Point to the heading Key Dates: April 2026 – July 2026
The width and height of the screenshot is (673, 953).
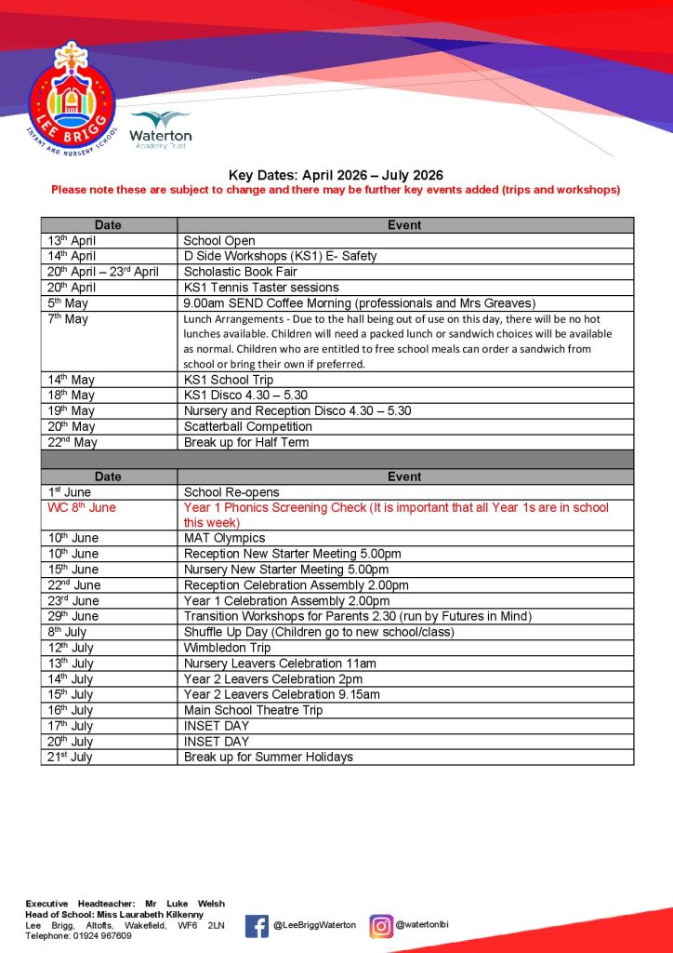[336, 175]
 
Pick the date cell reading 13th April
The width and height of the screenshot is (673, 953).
[72, 240]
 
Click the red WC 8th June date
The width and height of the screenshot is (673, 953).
[83, 508]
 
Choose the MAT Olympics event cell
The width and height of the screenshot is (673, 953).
[224, 538]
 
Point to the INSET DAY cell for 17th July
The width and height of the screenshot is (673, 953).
[217, 726]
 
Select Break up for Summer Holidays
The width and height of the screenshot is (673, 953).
[269, 758]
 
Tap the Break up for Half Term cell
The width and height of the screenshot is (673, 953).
[246, 442]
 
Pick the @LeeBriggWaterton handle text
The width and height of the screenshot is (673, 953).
[314, 925]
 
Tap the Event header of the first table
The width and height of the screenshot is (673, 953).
[404, 225]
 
